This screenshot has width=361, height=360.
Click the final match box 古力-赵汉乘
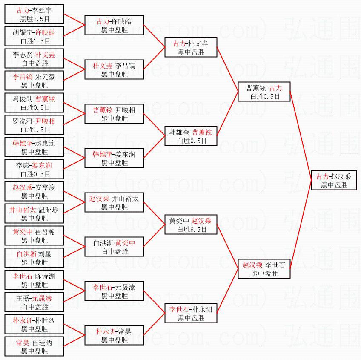(333, 181)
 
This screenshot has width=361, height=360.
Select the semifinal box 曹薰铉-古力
(264, 92)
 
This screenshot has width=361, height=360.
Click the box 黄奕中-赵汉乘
(191, 225)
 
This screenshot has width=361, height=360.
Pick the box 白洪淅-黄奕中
(115, 247)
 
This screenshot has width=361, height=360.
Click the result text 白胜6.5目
(191, 230)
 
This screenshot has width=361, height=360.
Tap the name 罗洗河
(23, 121)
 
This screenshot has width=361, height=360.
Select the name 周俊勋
(23, 99)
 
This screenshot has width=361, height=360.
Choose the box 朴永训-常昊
(115, 336)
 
